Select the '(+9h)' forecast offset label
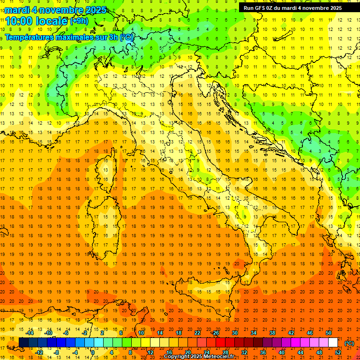[79, 21]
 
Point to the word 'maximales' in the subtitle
[75, 37]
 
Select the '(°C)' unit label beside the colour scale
[349, 343]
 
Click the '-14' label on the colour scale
[29, 333]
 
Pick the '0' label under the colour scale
[93, 352]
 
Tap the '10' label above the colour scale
[141, 333]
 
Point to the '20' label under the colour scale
[188, 352]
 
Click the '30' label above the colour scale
[234, 333]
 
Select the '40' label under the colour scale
[282, 352]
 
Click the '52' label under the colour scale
[338, 352]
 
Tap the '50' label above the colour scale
[329, 333]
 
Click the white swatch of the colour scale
[333, 342]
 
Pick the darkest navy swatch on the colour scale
[23, 342]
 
